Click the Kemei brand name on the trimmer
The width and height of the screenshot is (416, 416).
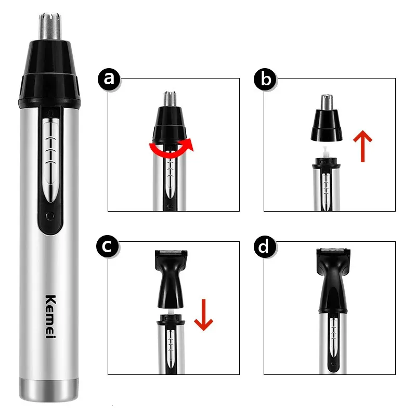50,317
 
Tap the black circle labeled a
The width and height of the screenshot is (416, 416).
109,80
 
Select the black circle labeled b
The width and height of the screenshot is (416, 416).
265,80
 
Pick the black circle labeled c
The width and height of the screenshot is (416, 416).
108,246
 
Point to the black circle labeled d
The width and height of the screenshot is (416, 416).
265,246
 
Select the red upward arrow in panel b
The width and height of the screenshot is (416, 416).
362,146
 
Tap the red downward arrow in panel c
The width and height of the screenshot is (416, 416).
203,315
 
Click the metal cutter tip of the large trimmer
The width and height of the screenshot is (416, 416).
50,25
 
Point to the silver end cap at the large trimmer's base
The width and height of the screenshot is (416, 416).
49,389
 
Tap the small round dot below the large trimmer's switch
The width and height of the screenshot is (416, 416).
50,216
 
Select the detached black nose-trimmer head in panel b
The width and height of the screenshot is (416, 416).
327,118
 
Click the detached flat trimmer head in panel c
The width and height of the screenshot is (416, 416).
171,279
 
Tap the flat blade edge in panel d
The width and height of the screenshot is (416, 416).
333,250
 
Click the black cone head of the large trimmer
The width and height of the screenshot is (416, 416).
49,72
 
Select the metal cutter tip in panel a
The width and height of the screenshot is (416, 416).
170,98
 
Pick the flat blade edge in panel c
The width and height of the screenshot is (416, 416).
171,252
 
